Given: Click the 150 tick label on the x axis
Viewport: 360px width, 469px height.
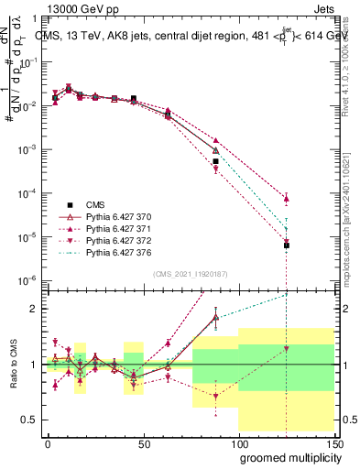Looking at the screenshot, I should tap(333, 442).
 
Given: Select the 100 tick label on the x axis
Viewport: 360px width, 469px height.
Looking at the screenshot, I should tap(238, 442).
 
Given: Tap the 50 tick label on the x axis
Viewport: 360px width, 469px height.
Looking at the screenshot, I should tap(143, 442).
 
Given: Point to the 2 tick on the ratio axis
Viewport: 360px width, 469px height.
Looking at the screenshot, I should tap(35, 309).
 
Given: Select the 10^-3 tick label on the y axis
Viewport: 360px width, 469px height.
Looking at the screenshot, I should tap(28, 149).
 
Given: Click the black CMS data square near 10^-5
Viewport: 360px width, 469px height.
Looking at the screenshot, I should tap(287, 245).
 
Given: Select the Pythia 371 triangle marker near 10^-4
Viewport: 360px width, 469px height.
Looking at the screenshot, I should tap(287, 198).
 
